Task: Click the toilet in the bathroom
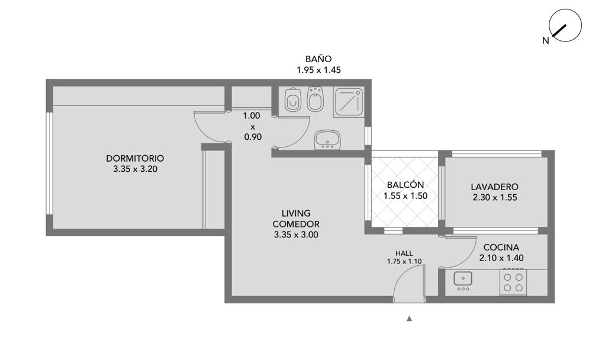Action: click(292, 99)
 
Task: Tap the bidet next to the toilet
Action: click(316, 99)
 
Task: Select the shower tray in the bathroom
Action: click(349, 102)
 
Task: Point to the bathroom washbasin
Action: click(327, 139)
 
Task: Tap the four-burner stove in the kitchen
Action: click(513, 282)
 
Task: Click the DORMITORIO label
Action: click(135, 158)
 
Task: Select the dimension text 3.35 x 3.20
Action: click(135, 169)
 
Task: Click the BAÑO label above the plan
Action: click(318, 59)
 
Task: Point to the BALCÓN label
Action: click(405, 185)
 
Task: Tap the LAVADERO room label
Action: click(495, 187)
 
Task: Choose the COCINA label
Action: click(501, 247)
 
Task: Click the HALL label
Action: click(404, 253)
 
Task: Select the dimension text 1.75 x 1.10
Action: click(404, 261)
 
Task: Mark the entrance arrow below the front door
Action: click(410, 319)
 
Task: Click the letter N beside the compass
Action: click(545, 41)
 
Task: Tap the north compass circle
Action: click(565, 25)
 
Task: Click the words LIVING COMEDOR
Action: click(296, 218)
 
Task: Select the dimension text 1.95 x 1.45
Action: click(318, 70)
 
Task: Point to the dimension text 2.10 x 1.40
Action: click(501, 258)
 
